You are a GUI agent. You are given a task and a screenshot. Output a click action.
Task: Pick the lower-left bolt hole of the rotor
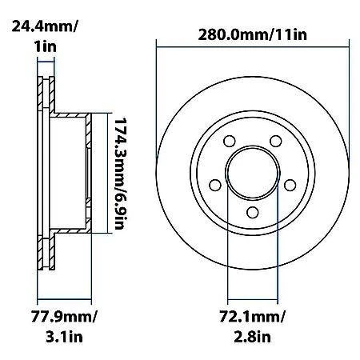pos(214,185)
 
